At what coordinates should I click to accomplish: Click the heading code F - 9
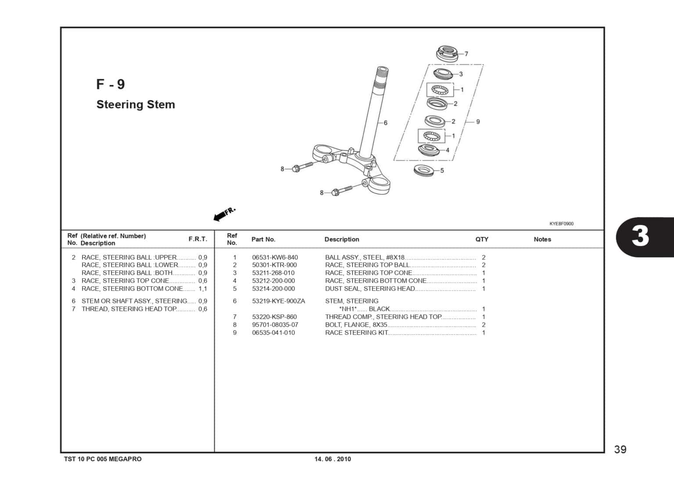(x=111, y=84)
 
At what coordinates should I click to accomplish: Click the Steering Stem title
(x=136, y=104)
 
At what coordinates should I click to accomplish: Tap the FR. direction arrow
(x=224, y=214)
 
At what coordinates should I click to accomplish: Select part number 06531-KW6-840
(x=275, y=257)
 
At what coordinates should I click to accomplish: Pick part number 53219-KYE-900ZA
(x=278, y=301)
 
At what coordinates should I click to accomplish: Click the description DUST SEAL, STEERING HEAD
(x=369, y=288)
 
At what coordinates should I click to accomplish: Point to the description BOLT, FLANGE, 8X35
(x=356, y=325)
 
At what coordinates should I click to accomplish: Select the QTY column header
(x=482, y=239)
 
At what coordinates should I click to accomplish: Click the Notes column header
(x=542, y=239)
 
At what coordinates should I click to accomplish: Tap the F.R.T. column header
(x=198, y=239)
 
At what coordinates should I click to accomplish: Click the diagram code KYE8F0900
(x=561, y=224)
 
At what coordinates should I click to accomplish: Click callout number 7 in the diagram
(x=466, y=54)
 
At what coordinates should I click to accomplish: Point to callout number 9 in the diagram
(x=478, y=121)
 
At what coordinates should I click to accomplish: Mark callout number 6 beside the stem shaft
(x=385, y=123)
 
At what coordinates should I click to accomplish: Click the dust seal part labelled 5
(x=424, y=170)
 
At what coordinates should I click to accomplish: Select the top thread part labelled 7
(x=447, y=53)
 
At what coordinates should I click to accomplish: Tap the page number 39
(x=620, y=449)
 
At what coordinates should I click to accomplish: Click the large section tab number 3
(x=640, y=237)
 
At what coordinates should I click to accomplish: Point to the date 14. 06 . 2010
(x=333, y=459)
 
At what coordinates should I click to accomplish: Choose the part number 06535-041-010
(x=273, y=333)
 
